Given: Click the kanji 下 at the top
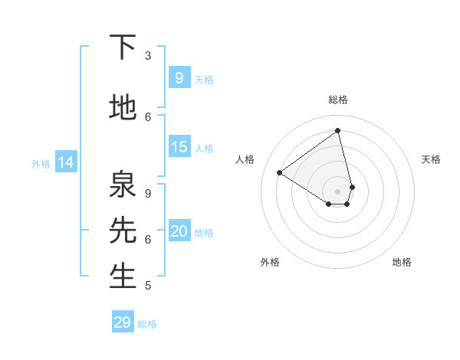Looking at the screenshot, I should pos(123,47).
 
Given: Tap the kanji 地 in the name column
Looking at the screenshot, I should pos(123,108).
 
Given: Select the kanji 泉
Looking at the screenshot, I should pos(123,185).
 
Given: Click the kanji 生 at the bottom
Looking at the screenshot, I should pos(123,277).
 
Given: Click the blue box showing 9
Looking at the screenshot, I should pos(179,77).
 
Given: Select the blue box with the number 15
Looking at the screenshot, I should pos(179,147).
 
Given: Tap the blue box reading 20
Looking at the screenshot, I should pos(179,231).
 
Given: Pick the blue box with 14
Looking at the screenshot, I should pos(66,162).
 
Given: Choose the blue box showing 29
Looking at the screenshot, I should pos(123,322).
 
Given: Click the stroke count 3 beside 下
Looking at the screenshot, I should pos(148,56).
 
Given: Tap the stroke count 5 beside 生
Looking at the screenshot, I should pos(148,286).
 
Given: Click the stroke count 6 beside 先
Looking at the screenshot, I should pos(148,239).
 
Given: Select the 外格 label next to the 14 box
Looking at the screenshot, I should pos(41,163).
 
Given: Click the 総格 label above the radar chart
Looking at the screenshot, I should pos(338,100).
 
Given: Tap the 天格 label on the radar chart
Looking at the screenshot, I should pos(431,159).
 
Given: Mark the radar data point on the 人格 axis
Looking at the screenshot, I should pos(280,173).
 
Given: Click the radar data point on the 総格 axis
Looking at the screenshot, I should pos(338,131).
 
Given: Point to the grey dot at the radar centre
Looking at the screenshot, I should pos(338,191).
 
